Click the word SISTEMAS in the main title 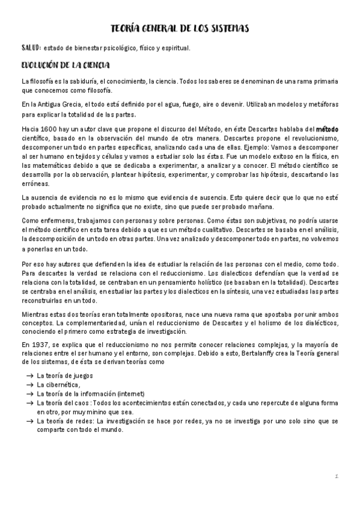coord(228,28)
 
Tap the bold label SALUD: coord(30,48)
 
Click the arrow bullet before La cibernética coord(28,385)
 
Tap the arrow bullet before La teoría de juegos coord(28,375)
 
